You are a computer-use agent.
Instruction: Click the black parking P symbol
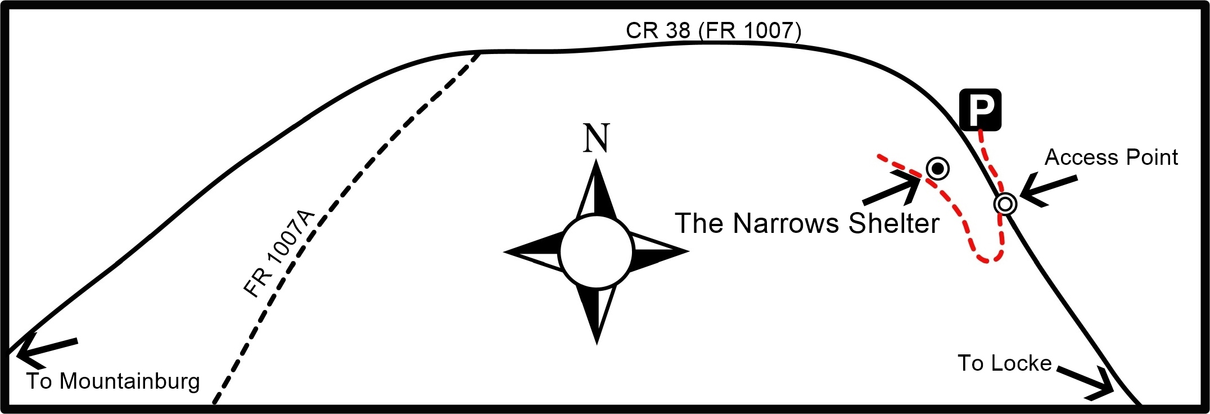point(981,110)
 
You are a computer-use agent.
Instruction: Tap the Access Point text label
point(1111,157)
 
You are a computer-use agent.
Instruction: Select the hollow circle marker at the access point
point(1005,204)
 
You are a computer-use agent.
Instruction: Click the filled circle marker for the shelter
point(937,168)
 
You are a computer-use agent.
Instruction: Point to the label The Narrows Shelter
point(807,223)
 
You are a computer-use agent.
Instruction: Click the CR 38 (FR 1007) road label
point(714,30)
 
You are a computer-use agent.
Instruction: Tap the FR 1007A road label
point(278,254)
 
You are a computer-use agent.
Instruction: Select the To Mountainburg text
point(113,381)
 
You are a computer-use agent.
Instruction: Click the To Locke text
point(1004,363)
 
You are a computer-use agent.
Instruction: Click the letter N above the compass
point(596,138)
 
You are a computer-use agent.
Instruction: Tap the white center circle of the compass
point(597,251)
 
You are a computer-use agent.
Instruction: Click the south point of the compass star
point(597,343)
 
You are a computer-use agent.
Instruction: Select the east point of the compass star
point(688,251)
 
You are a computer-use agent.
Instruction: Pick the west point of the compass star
point(504,252)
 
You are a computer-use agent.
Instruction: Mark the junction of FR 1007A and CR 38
point(480,52)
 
